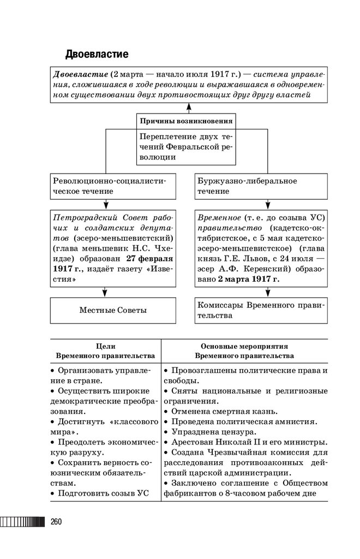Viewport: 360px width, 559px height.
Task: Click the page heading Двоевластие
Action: click(97, 55)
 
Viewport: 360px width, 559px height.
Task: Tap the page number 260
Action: click(56, 521)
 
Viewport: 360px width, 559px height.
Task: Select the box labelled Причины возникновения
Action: click(185, 121)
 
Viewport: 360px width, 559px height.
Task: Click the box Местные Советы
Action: click(113, 310)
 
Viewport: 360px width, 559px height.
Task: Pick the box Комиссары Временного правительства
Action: click(261, 310)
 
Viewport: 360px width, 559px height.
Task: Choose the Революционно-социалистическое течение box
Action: click(113, 186)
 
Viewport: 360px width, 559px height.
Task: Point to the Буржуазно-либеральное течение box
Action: click(261, 186)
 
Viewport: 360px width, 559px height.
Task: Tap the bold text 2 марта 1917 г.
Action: click(248, 279)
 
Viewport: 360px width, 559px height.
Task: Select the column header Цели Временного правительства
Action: click(105, 350)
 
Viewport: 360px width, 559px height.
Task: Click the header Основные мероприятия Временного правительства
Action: click(244, 350)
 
